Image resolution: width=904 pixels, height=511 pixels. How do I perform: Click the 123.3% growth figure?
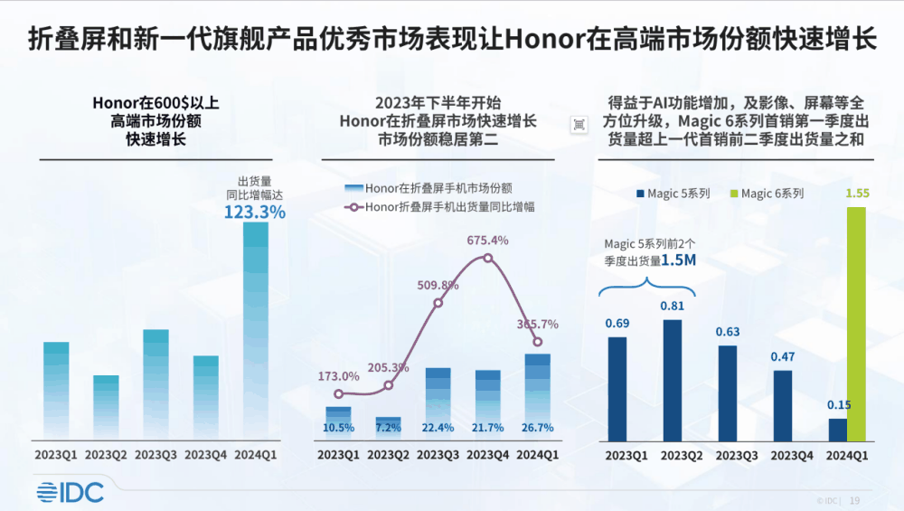click(255, 213)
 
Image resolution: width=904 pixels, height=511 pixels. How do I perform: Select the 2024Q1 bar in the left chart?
click(256, 330)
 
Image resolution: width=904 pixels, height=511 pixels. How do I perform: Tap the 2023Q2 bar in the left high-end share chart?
click(106, 407)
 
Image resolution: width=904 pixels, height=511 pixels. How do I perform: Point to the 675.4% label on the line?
click(488, 241)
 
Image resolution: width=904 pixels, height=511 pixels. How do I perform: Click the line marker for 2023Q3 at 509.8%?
click(438, 302)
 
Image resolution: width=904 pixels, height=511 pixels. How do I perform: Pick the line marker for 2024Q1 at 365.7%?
click(538, 342)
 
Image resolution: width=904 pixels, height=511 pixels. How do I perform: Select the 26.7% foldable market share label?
click(538, 427)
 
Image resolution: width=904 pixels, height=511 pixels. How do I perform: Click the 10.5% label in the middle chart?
click(338, 427)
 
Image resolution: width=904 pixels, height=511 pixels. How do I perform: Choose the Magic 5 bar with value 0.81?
click(673, 380)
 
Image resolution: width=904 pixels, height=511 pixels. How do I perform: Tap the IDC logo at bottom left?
click(71, 492)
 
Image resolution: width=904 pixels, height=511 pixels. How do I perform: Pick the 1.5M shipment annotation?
click(679, 260)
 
